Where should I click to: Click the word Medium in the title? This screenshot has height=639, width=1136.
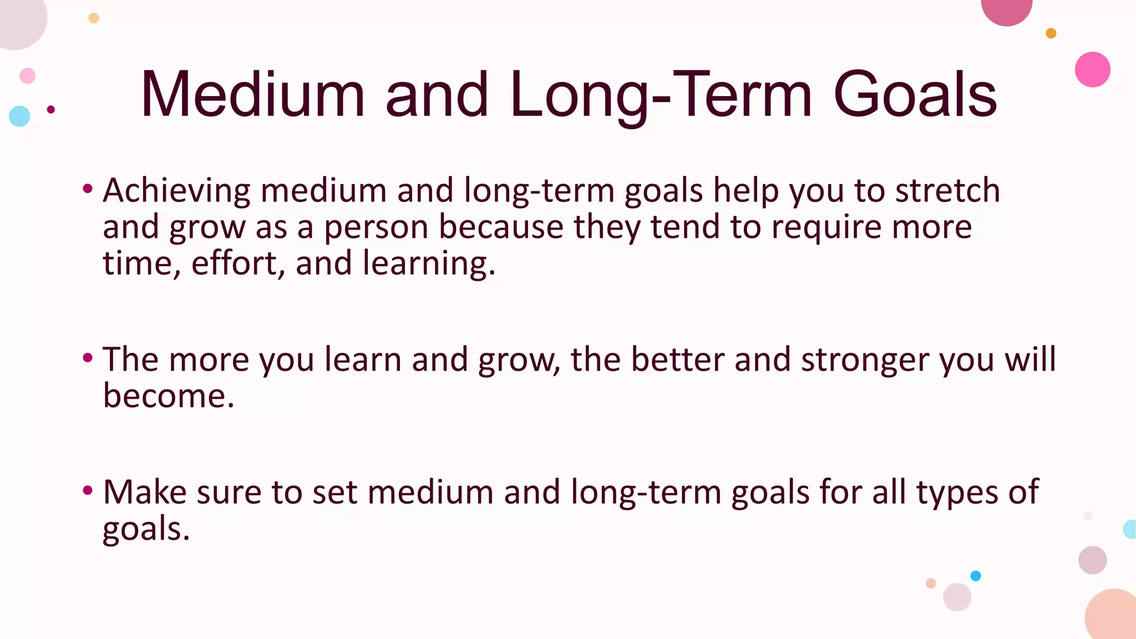pyautogui.click(x=253, y=94)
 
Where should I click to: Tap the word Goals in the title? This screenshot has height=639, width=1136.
pyautogui.click(x=915, y=94)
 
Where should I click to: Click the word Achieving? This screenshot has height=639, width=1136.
pyautogui.click(x=176, y=191)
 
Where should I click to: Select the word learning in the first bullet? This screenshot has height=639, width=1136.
pyautogui.click(x=429, y=264)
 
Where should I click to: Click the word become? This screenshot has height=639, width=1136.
pyautogui.click(x=169, y=396)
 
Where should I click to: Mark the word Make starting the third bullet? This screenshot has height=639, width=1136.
pyautogui.click(x=145, y=492)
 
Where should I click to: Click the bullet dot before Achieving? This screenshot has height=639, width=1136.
pyautogui.click(x=87, y=189)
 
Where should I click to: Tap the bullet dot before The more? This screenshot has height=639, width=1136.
pyautogui.click(x=87, y=358)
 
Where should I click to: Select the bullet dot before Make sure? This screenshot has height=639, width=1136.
pyautogui.click(x=87, y=490)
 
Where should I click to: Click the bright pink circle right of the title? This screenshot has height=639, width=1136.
pyautogui.click(x=1092, y=69)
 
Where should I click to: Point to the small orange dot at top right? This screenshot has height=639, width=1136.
pyautogui.click(x=1051, y=33)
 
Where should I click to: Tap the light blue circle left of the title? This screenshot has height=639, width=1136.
pyautogui.click(x=19, y=116)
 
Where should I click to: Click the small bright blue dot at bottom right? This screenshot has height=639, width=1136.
pyautogui.click(x=976, y=576)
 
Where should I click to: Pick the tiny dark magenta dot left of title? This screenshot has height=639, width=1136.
pyautogui.click(x=51, y=109)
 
